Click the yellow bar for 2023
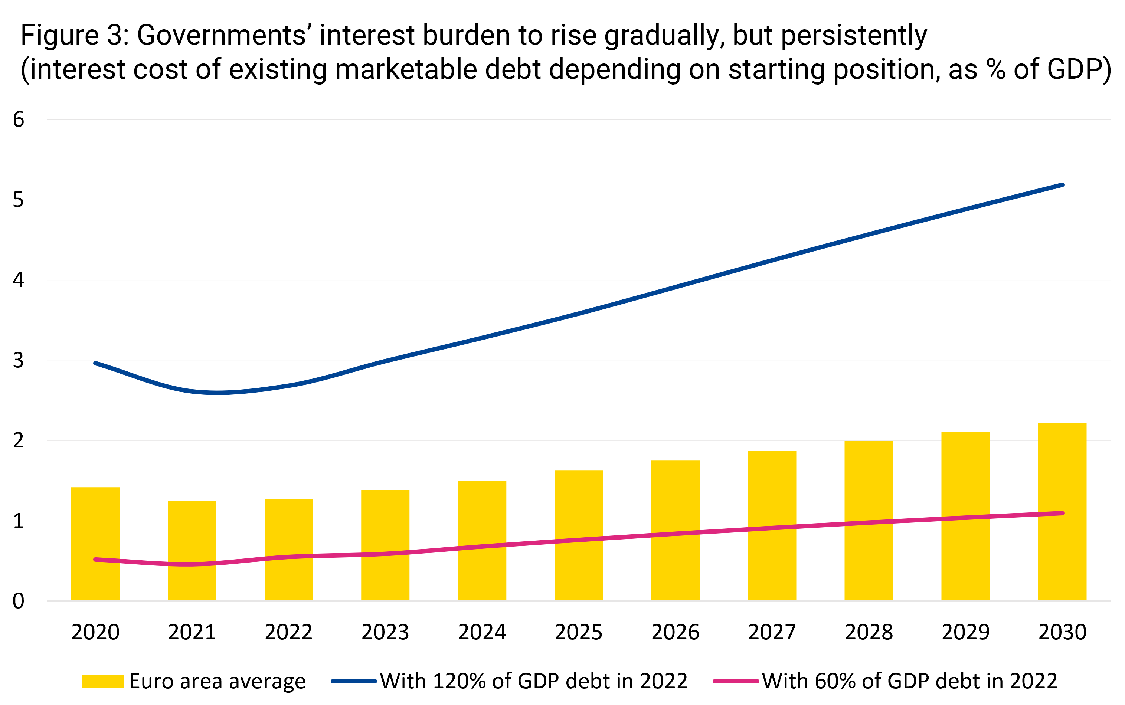tap(385, 545)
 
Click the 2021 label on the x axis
tap(192, 632)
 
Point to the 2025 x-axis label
tap(578, 632)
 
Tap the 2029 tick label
tap(965, 632)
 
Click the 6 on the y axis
tap(18, 119)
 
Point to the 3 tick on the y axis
tap(18, 360)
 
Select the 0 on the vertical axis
tap(18, 601)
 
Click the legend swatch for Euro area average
tap(103, 681)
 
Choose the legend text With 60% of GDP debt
tap(909, 681)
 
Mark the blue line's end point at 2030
tap(1062, 185)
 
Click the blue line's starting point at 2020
tap(95, 363)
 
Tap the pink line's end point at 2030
tap(1062, 514)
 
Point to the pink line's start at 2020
tap(95, 560)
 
